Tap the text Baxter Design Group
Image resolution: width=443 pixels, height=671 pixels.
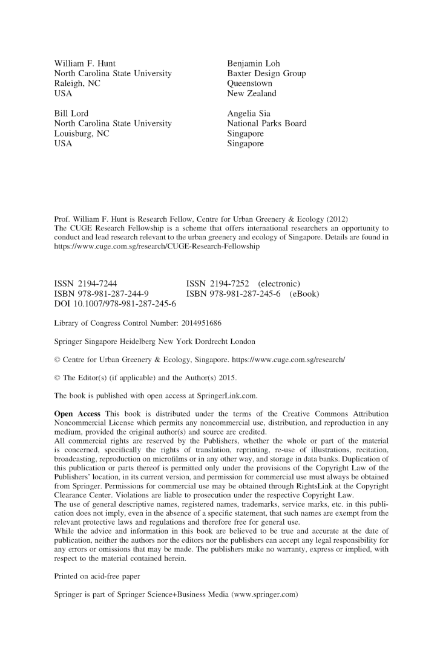point(266,74)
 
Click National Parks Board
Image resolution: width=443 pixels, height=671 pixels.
point(266,124)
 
